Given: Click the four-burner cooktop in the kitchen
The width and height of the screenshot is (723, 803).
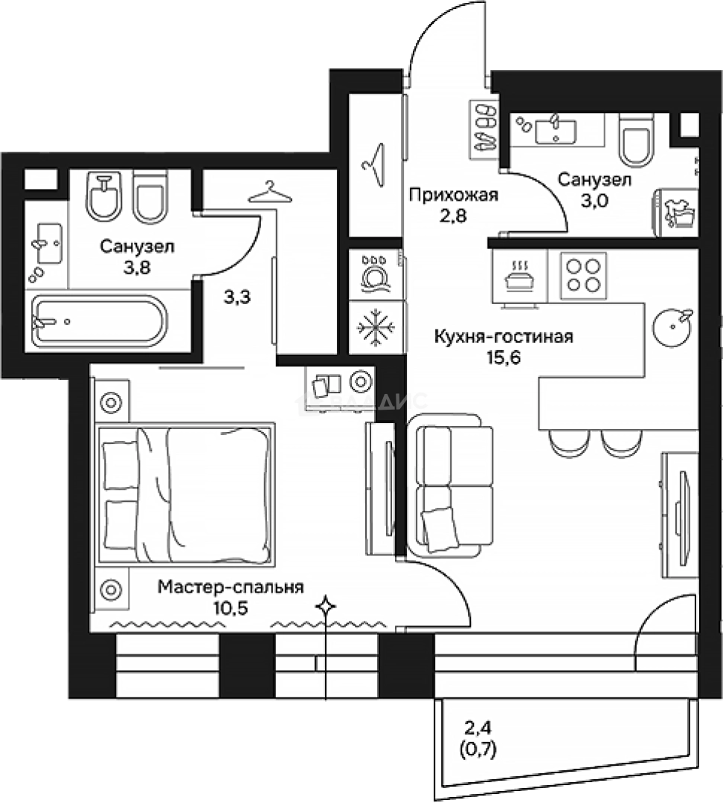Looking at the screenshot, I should [582, 274].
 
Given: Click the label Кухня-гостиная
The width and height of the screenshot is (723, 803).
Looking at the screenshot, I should [504, 338].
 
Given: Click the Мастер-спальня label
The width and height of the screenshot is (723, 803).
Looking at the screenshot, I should [231, 587].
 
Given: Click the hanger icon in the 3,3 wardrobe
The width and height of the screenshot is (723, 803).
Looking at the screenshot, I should [268, 192].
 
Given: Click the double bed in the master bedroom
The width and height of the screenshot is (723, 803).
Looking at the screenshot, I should [184, 495].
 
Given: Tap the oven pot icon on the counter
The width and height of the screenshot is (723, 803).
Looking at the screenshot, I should [519, 277].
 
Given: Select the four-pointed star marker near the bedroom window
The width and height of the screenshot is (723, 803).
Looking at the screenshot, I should [325, 607].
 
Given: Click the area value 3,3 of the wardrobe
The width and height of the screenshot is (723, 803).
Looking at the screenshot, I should [237, 299].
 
